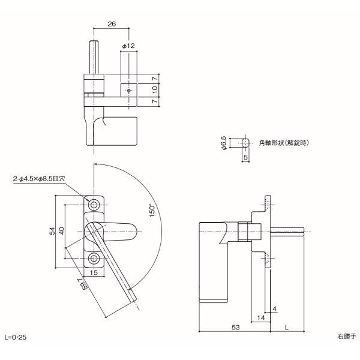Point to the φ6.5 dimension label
[224, 143]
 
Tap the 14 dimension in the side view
[260, 316]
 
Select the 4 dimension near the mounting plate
[274, 309]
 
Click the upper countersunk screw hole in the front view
[95, 205]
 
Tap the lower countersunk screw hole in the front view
[95, 258]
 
